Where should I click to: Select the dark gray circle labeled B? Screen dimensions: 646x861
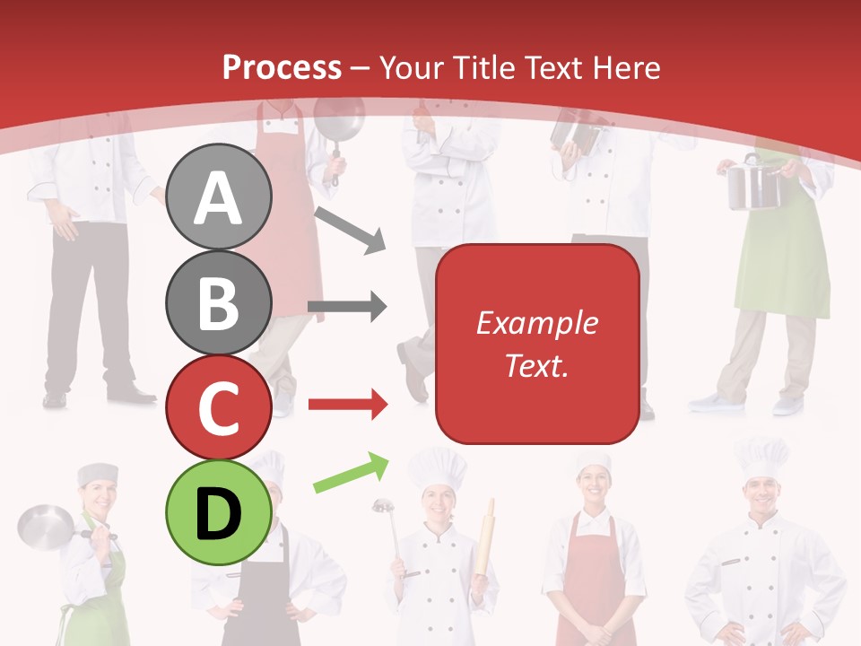219,302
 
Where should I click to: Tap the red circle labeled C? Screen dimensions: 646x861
219,407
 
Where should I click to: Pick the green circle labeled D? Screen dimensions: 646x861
219,513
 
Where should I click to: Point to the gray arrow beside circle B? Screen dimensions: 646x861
347,308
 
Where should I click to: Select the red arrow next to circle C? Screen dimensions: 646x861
347,405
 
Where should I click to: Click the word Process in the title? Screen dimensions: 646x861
282,67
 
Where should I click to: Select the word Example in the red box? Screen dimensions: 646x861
536,323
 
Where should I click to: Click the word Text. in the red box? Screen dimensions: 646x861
536,365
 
